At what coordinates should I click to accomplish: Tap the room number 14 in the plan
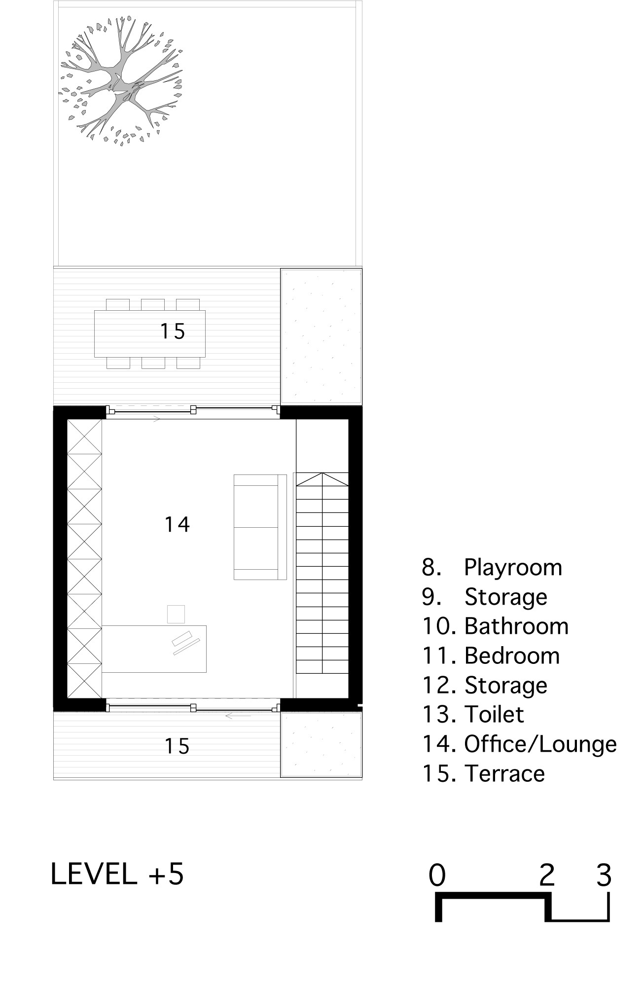pyautogui.click(x=177, y=524)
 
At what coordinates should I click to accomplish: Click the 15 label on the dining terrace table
pyautogui.click(x=173, y=331)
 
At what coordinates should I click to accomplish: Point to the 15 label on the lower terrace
pyautogui.click(x=177, y=746)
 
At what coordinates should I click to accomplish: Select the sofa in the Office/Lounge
pyautogui.click(x=260, y=527)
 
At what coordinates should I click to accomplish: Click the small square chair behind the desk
pyautogui.click(x=176, y=615)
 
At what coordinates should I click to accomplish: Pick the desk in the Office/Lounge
pyautogui.click(x=154, y=649)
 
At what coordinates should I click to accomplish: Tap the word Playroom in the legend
pyautogui.click(x=513, y=568)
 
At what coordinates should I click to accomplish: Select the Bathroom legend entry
pyautogui.click(x=496, y=626)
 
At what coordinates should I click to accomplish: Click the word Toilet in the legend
pyautogui.click(x=494, y=715)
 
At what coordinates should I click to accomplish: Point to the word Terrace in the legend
pyautogui.click(x=504, y=773)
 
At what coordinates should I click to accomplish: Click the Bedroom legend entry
pyautogui.click(x=491, y=656)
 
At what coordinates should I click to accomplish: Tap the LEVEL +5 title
pyautogui.click(x=117, y=874)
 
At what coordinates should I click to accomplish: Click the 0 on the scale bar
pyautogui.click(x=437, y=875)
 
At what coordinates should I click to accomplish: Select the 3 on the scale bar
pyautogui.click(x=604, y=875)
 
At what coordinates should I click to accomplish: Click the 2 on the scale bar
pyautogui.click(x=547, y=875)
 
